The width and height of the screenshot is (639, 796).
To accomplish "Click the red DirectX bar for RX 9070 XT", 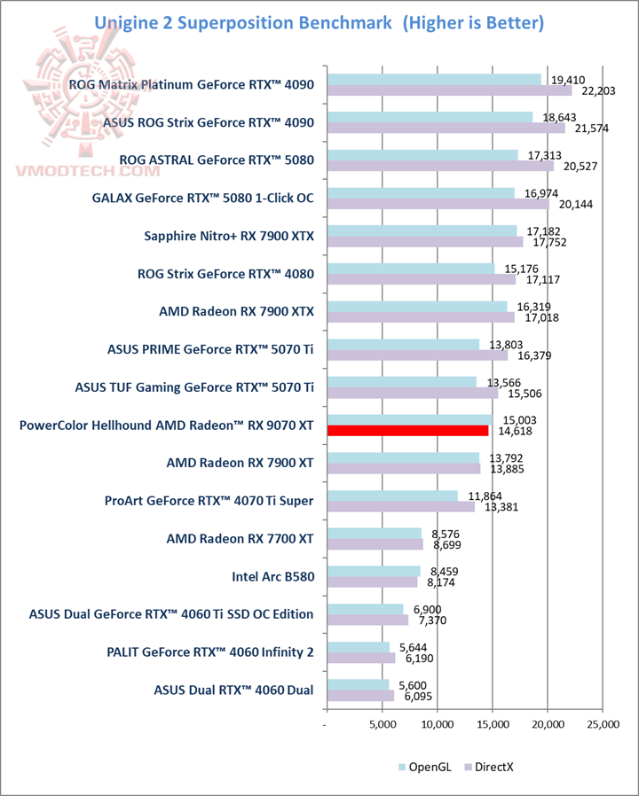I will [407, 431].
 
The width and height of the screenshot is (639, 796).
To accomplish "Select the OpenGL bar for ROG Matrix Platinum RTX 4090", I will [434, 80].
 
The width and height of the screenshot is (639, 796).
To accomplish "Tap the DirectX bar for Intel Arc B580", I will [372, 582].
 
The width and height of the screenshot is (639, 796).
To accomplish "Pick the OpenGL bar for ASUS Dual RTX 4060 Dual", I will [358, 685].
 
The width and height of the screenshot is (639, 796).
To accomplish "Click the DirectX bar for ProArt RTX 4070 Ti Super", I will [400, 507].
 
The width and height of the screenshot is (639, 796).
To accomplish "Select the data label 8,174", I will [440, 582].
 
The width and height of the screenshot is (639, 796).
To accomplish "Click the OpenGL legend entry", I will [425, 766].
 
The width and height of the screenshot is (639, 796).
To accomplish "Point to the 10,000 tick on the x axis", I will [437, 725].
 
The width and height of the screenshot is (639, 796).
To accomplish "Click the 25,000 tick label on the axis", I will [602, 725].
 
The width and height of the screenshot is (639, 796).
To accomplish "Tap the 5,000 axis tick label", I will [382, 725].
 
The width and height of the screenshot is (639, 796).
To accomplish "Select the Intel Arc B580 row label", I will [272, 576].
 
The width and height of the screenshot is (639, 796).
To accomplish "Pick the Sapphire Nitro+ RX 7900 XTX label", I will [229, 236].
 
